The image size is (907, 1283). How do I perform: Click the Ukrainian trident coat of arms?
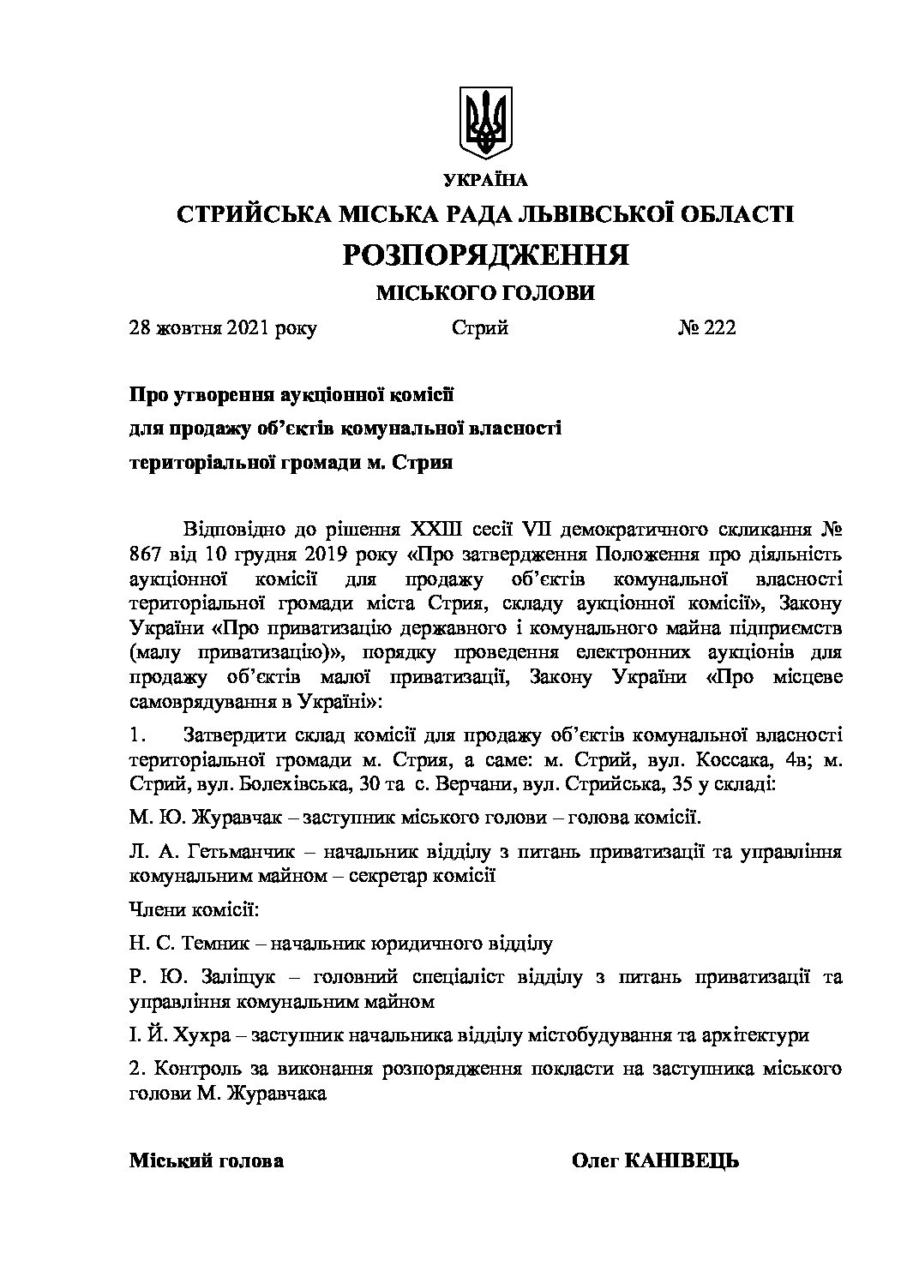485,122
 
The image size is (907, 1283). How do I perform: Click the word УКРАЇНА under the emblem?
486,180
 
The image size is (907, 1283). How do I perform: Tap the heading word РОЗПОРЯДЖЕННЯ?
486,255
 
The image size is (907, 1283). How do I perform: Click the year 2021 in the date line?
250,328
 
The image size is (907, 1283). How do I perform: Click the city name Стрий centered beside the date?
479,328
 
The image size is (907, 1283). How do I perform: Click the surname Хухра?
200,1034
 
